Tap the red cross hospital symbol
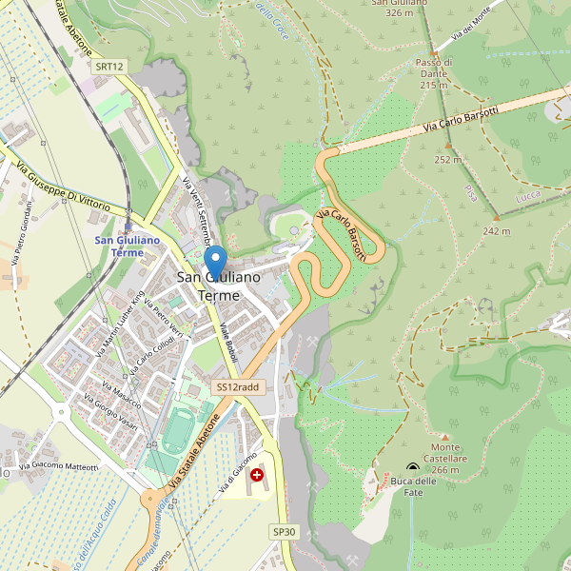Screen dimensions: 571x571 coord(257,473)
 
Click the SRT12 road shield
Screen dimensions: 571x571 coord(109,67)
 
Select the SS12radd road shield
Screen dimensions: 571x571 coord(237,387)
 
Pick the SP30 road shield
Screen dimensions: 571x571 coord(285,531)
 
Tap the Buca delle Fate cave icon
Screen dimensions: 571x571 coord(412,467)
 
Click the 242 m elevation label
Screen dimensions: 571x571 coord(496,231)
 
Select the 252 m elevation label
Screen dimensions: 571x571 coord(447,160)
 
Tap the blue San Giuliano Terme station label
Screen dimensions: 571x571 coord(128,246)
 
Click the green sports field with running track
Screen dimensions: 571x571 coord(175,430)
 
